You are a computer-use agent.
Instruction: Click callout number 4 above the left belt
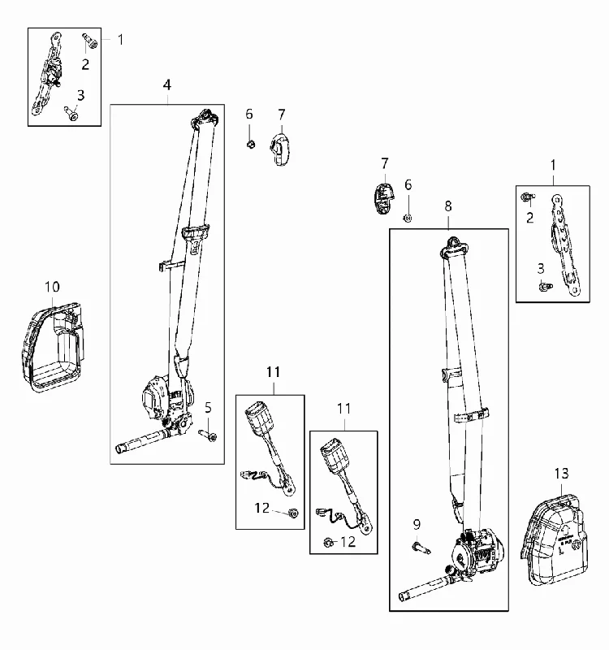click(x=167, y=85)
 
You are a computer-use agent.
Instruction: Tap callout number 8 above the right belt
click(x=448, y=206)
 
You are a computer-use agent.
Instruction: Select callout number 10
click(x=52, y=287)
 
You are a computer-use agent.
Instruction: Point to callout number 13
click(x=562, y=474)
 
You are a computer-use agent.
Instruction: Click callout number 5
click(x=208, y=408)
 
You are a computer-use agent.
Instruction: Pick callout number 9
click(x=417, y=525)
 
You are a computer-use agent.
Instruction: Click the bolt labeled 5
click(x=208, y=435)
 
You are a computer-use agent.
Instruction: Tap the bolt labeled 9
click(x=421, y=548)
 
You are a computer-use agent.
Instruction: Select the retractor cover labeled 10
click(x=53, y=348)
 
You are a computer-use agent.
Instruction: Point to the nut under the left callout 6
click(x=250, y=145)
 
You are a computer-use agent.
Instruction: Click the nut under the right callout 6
click(x=408, y=218)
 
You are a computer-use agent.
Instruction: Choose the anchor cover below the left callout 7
click(x=280, y=149)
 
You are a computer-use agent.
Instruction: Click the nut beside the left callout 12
click(x=293, y=513)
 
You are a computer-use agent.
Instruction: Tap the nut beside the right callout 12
click(x=328, y=542)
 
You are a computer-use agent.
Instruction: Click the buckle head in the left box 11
click(x=257, y=416)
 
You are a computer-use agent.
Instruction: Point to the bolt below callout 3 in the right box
click(x=545, y=286)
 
